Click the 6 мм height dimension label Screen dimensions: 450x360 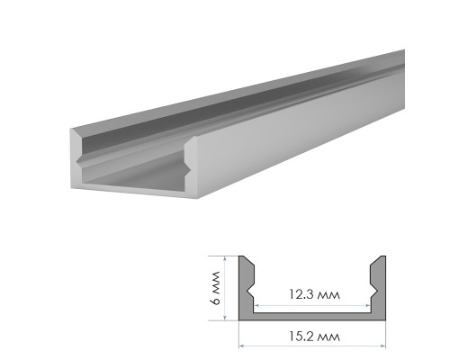[x=216, y=288]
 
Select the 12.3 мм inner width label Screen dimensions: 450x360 [x=314, y=294]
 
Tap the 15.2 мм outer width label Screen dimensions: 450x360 [x=314, y=337]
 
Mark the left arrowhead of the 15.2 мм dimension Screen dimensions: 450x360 [x=241, y=346]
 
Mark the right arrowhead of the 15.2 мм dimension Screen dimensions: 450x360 [x=383, y=346]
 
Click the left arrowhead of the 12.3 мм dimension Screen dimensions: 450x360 [x=256, y=306]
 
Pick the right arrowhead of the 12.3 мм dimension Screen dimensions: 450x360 [x=368, y=306]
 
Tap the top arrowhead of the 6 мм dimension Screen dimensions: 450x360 [x=224, y=258]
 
